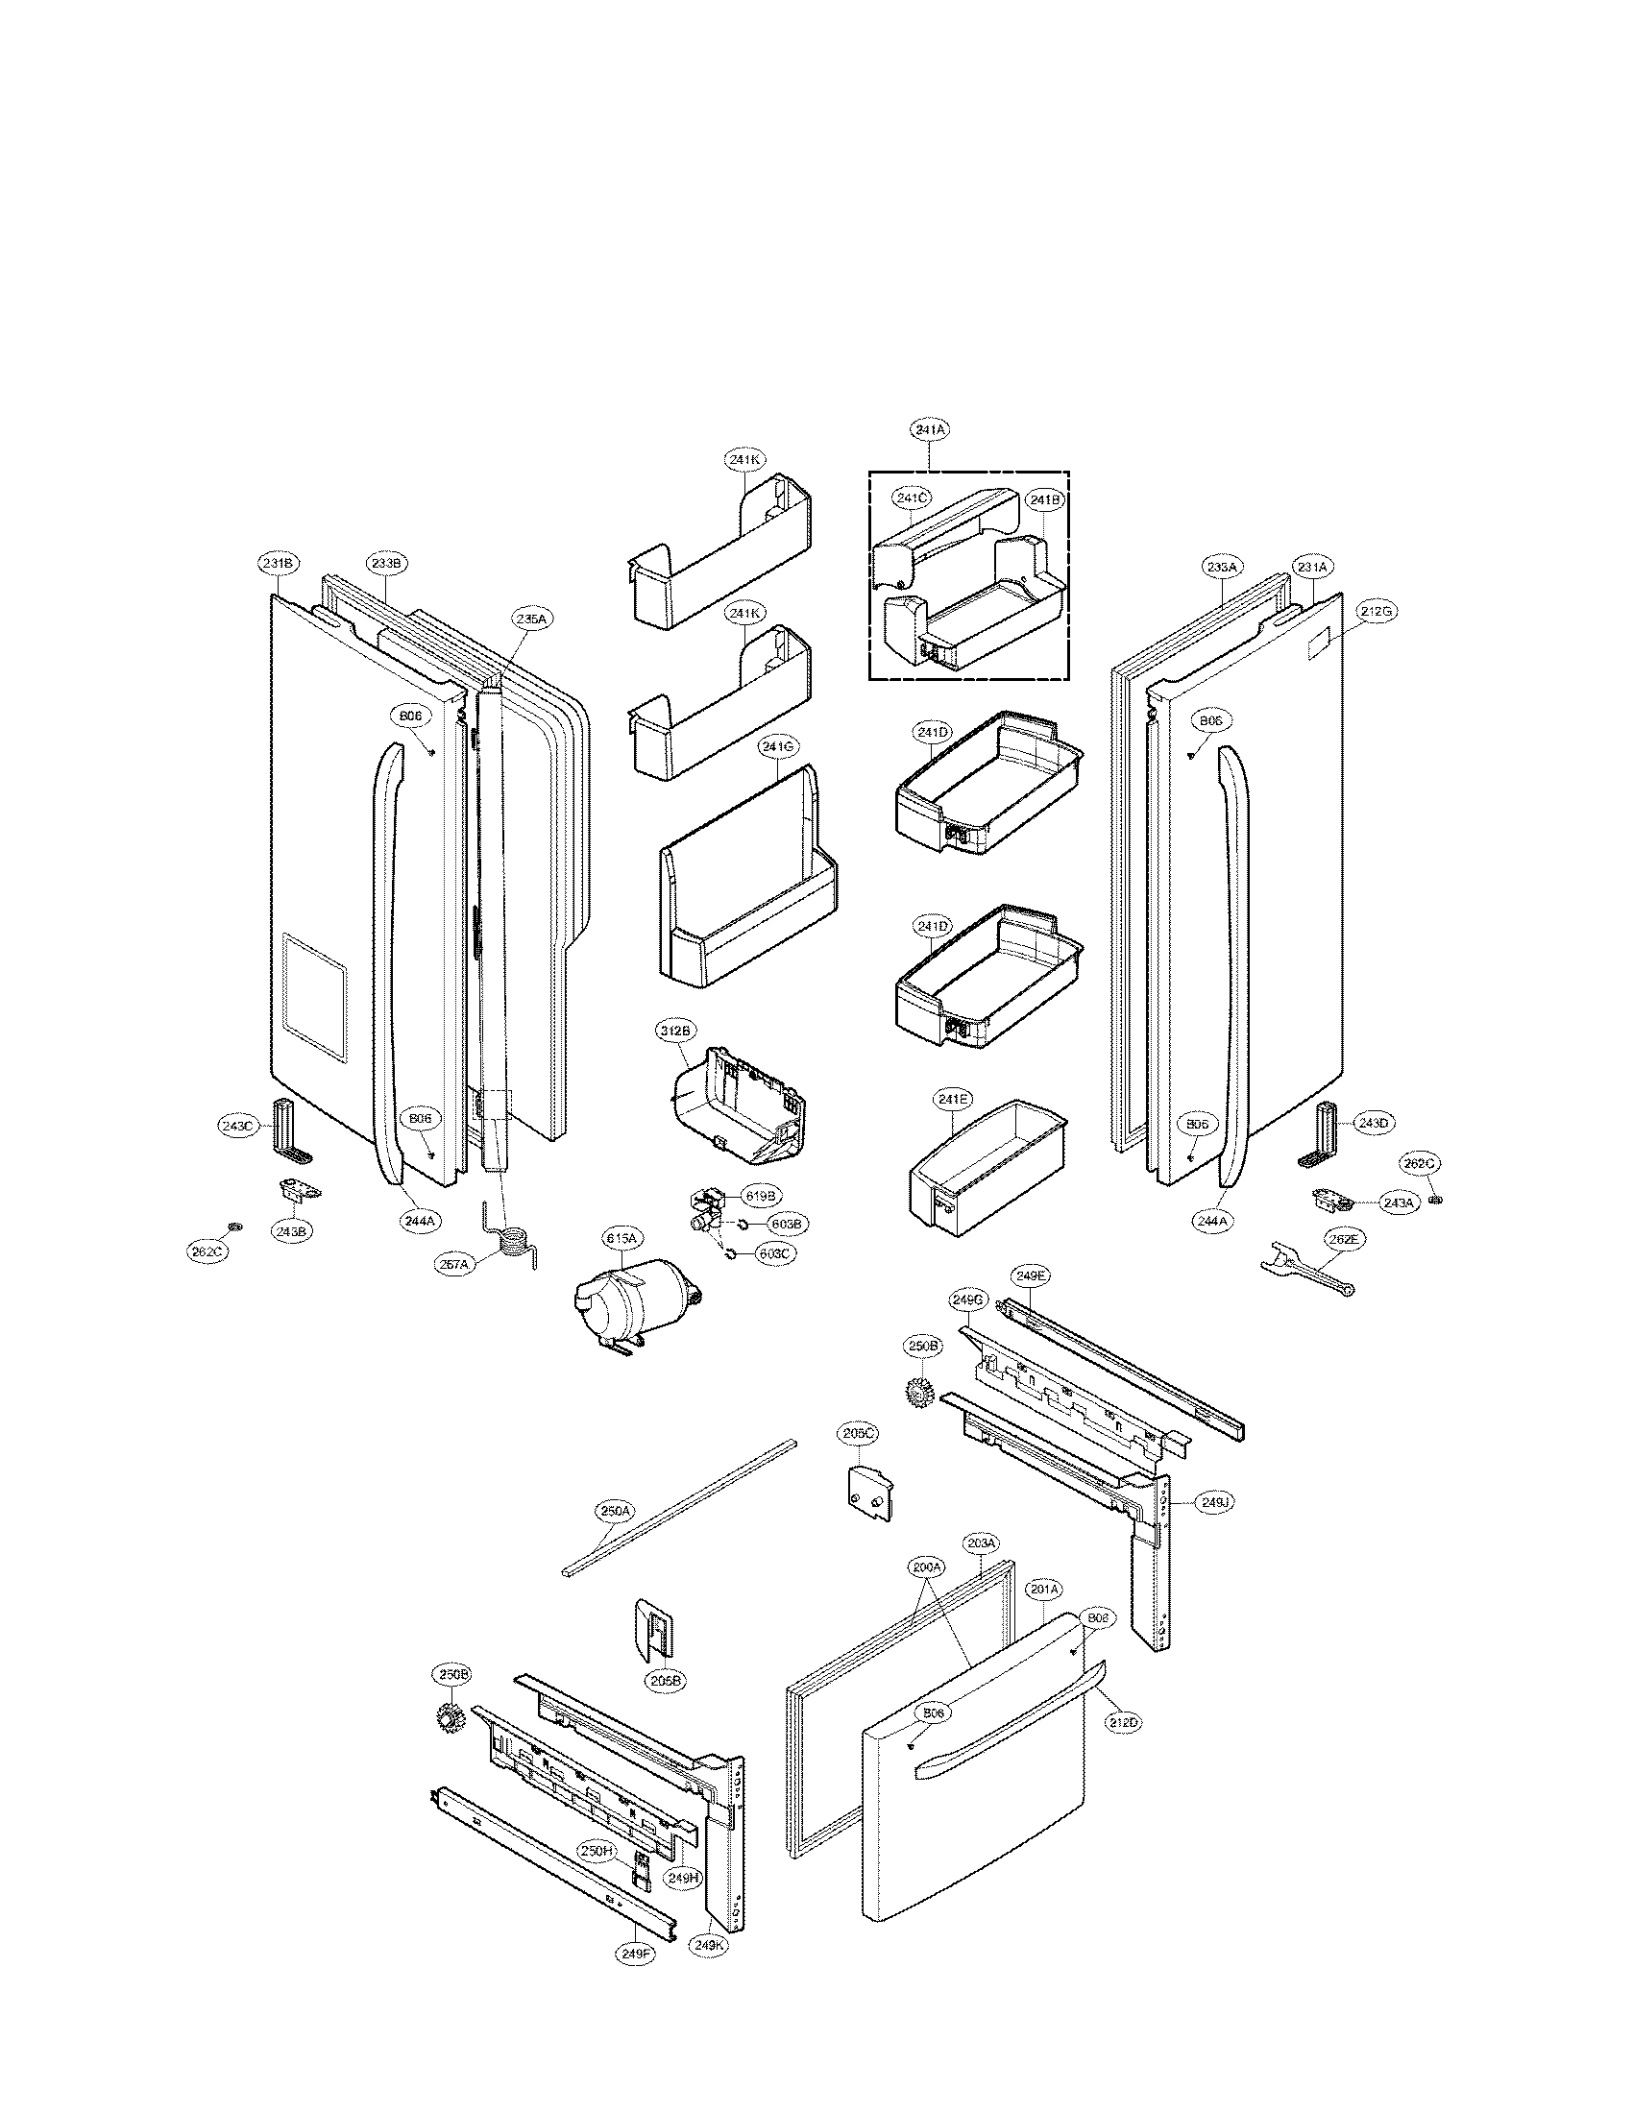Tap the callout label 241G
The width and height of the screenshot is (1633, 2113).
778,746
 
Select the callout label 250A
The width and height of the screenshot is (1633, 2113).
616,1510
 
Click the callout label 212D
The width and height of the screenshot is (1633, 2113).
1124,1722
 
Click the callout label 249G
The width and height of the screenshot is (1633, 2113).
967,1301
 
